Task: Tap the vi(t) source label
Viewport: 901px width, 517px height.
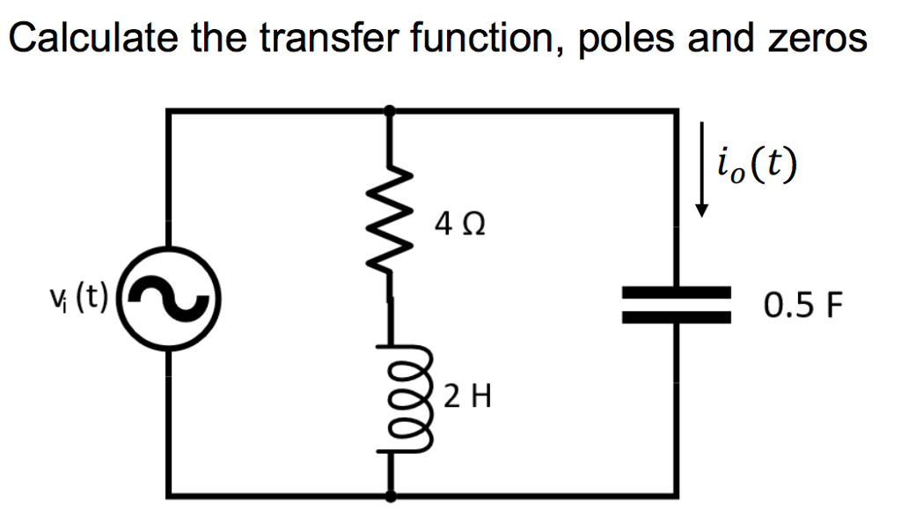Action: (x=79, y=299)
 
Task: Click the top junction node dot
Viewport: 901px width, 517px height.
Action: (x=391, y=110)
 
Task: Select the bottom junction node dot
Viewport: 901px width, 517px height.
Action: (x=391, y=496)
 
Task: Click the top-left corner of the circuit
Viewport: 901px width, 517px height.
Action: (x=168, y=111)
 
